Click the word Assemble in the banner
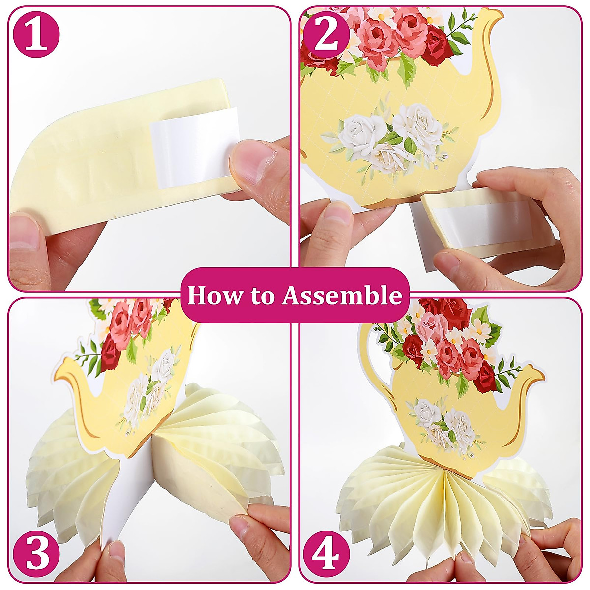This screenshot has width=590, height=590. click(x=342, y=295)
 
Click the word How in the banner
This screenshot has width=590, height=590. click(x=210, y=295)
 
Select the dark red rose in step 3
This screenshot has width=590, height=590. click(x=109, y=354)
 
